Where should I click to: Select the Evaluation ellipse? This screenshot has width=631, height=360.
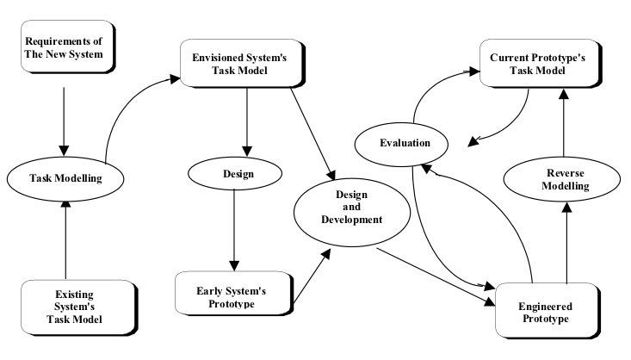(x=405, y=143)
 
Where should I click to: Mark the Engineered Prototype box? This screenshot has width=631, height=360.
(x=545, y=312)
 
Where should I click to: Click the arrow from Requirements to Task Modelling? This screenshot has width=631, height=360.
(x=62, y=116)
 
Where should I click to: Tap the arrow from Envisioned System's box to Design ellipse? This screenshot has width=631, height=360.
(x=248, y=121)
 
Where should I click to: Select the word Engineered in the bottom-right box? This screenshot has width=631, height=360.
(x=545, y=306)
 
